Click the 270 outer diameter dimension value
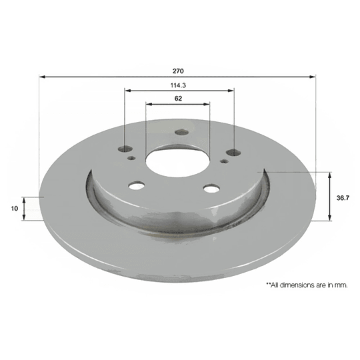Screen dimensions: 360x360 (178, 70)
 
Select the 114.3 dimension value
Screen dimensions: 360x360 (178, 85)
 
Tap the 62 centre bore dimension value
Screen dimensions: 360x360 (178, 99)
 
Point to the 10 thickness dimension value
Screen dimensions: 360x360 (14, 209)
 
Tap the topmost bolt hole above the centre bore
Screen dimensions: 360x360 (181, 131)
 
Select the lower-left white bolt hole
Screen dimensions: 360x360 (137, 186)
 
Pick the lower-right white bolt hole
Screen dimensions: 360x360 (211, 189)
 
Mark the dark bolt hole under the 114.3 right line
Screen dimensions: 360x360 (233, 153)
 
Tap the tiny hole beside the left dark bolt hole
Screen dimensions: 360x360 (133, 158)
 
